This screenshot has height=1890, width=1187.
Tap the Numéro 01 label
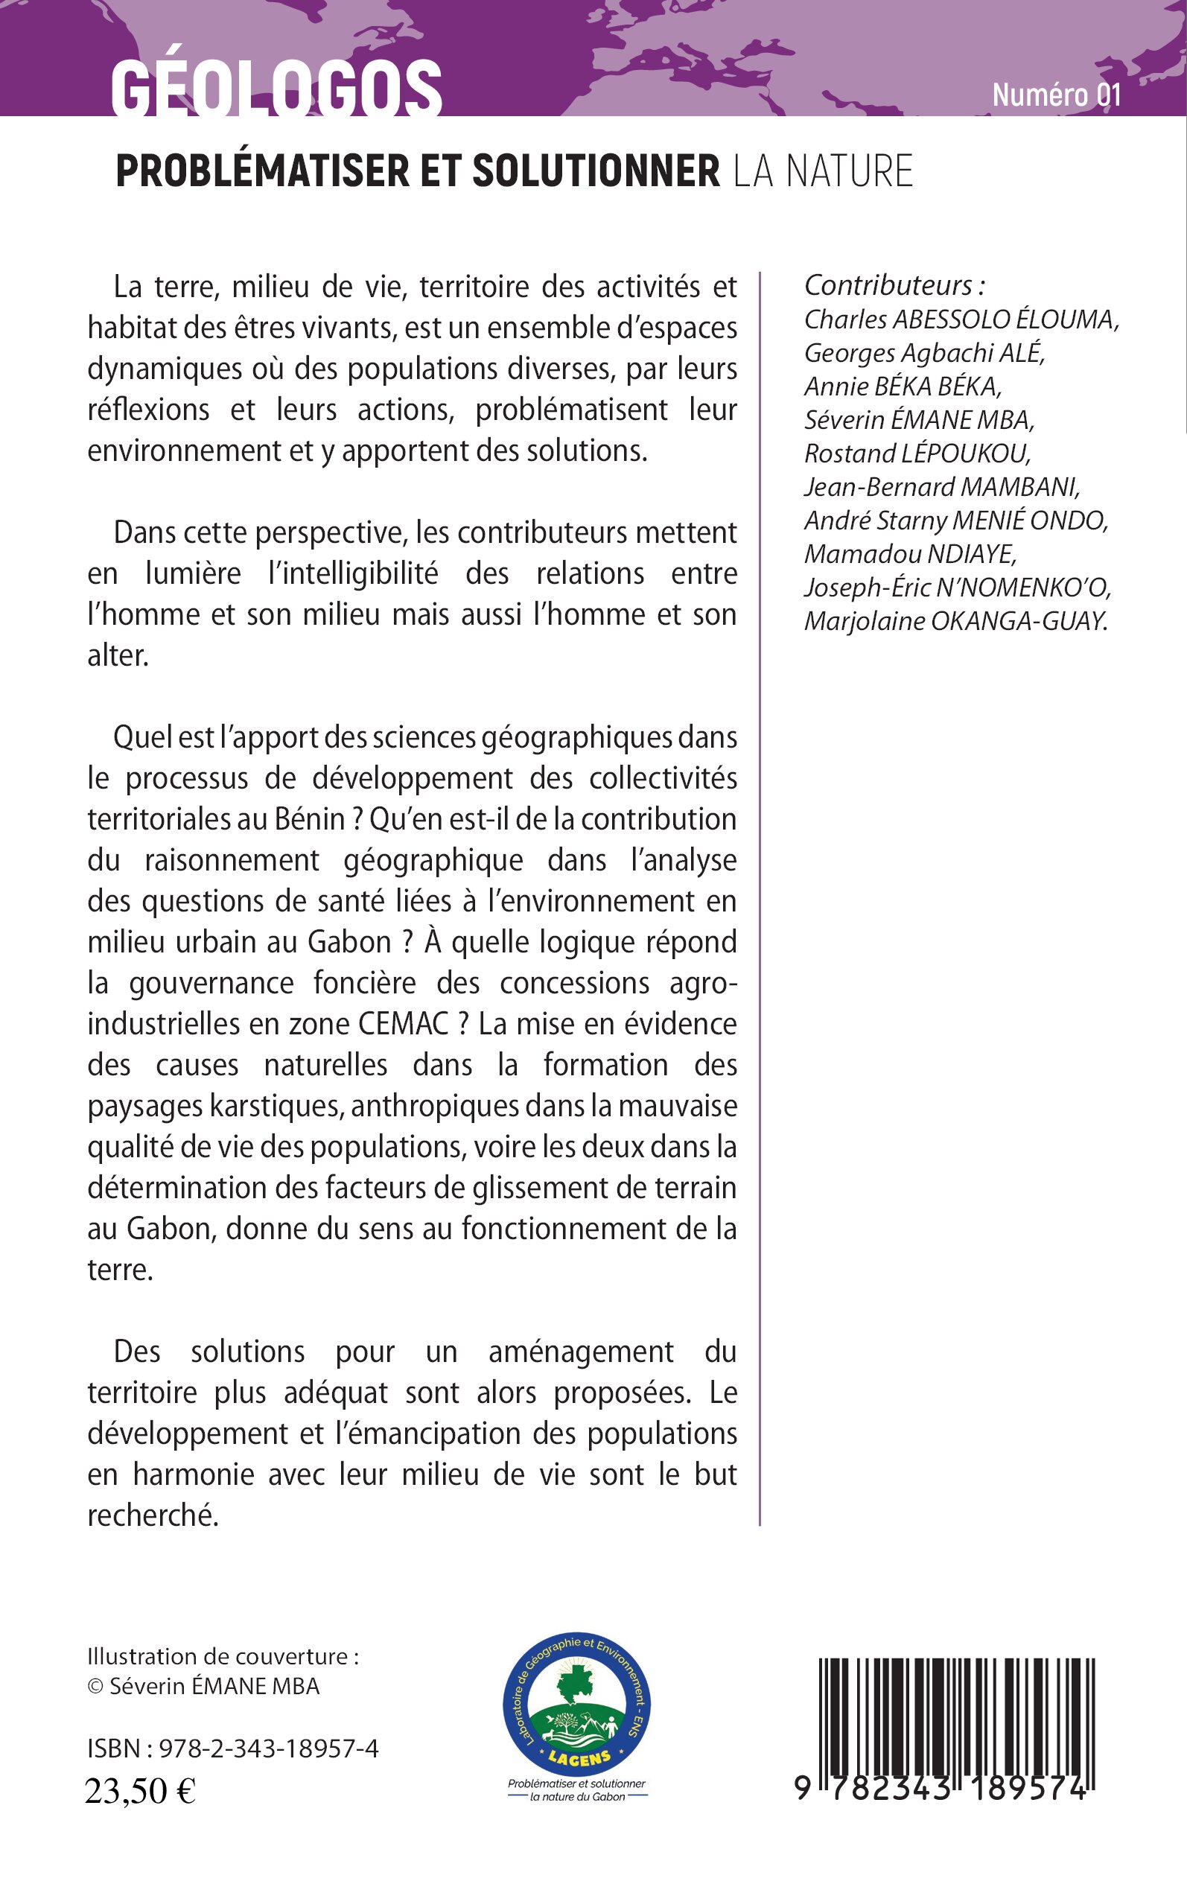click(1056, 95)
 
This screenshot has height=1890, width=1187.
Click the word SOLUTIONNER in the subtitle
click(596, 171)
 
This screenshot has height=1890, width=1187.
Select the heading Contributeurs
click(894, 284)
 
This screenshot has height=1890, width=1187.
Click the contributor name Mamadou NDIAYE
click(911, 554)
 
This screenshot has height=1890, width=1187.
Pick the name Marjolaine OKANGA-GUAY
click(955, 622)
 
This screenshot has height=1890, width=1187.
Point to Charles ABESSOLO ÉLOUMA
click(961, 319)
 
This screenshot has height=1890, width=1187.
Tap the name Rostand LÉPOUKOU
click(917, 454)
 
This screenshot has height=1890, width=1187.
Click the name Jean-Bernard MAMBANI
click(942, 488)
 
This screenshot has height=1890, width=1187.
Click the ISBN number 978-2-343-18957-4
click(269, 1748)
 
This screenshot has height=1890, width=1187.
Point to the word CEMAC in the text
click(404, 1024)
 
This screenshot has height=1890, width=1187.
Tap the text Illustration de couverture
click(223, 1656)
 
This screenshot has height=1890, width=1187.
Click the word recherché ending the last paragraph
click(153, 1515)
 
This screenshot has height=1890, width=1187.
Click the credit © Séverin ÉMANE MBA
click(203, 1686)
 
